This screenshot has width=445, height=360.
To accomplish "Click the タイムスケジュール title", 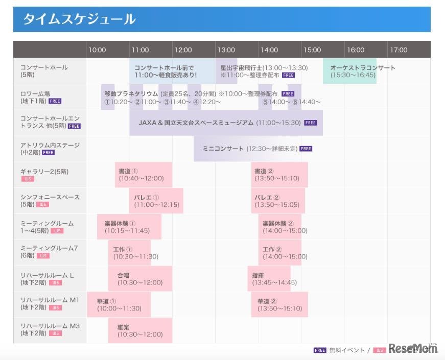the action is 79,19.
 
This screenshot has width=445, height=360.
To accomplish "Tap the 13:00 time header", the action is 226,50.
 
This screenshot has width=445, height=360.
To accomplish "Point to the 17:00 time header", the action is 399,50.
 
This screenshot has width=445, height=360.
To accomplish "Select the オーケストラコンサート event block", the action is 350,71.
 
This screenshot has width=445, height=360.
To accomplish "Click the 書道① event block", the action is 144,175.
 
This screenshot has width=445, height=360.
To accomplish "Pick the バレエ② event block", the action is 278,201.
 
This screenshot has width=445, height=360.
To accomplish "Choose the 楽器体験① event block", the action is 129,227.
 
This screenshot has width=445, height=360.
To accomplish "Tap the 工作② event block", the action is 280,253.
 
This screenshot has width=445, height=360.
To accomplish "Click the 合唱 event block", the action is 140,279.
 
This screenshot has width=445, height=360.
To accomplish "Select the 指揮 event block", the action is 269,279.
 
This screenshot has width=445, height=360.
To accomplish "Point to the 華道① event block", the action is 119,305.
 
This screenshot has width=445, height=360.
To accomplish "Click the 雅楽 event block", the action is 140,331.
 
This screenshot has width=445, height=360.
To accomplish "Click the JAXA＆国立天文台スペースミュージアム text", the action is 196,123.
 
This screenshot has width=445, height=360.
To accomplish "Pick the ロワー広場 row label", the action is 35,94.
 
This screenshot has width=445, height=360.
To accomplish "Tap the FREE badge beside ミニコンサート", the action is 306,149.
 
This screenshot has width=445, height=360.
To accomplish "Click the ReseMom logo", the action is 413,348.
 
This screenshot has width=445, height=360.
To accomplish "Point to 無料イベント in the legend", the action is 347,350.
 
